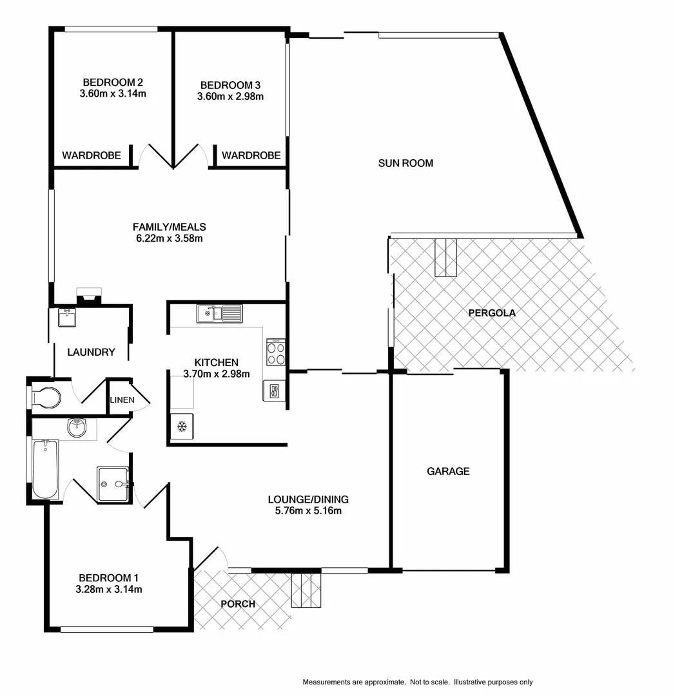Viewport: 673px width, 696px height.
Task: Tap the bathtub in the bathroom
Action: pyautogui.click(x=44, y=469)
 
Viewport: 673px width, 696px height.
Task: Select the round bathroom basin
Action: pyautogui.click(x=77, y=427)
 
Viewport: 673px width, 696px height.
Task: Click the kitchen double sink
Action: pyautogui.click(x=219, y=314)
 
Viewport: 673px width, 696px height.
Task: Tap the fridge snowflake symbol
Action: pyautogui.click(x=182, y=427)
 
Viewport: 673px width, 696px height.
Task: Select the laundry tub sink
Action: pyautogui.click(x=66, y=318)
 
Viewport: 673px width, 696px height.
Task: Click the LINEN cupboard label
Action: pyautogui.click(x=122, y=400)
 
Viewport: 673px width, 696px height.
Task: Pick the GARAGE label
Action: pyautogui.click(x=448, y=471)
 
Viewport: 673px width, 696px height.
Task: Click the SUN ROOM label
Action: pyautogui.click(x=405, y=163)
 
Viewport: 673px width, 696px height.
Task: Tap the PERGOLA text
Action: pyautogui.click(x=492, y=313)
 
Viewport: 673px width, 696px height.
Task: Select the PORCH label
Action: pyautogui.click(x=238, y=604)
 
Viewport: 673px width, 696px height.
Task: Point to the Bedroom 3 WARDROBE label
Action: pyautogui.click(x=251, y=155)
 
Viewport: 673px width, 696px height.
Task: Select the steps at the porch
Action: pyautogui.click(x=306, y=590)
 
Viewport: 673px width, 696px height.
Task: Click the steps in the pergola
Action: pyautogui.click(x=445, y=257)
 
